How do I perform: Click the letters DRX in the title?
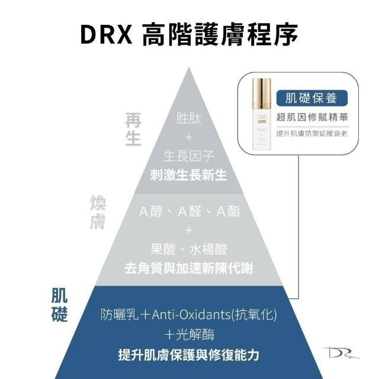(107, 34)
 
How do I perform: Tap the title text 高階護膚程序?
(220, 34)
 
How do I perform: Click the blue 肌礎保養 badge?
(312, 98)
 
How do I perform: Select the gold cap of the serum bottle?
(262, 93)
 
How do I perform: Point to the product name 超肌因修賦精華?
(312, 117)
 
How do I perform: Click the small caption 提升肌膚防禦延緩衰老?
(312, 133)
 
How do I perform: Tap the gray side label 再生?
(133, 129)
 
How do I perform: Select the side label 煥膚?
(98, 213)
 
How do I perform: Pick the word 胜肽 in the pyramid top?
(188, 118)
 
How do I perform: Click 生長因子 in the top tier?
(189, 156)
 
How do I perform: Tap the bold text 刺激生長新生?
(188, 175)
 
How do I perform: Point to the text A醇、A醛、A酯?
(189, 211)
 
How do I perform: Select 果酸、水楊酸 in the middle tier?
(189, 249)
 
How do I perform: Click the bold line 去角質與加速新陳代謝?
(189, 268)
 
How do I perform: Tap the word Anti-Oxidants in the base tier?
(191, 314)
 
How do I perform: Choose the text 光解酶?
(195, 335)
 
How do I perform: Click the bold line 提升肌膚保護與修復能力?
(189, 355)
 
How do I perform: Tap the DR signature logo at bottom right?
(341, 353)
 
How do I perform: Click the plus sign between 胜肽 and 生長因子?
(189, 137)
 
